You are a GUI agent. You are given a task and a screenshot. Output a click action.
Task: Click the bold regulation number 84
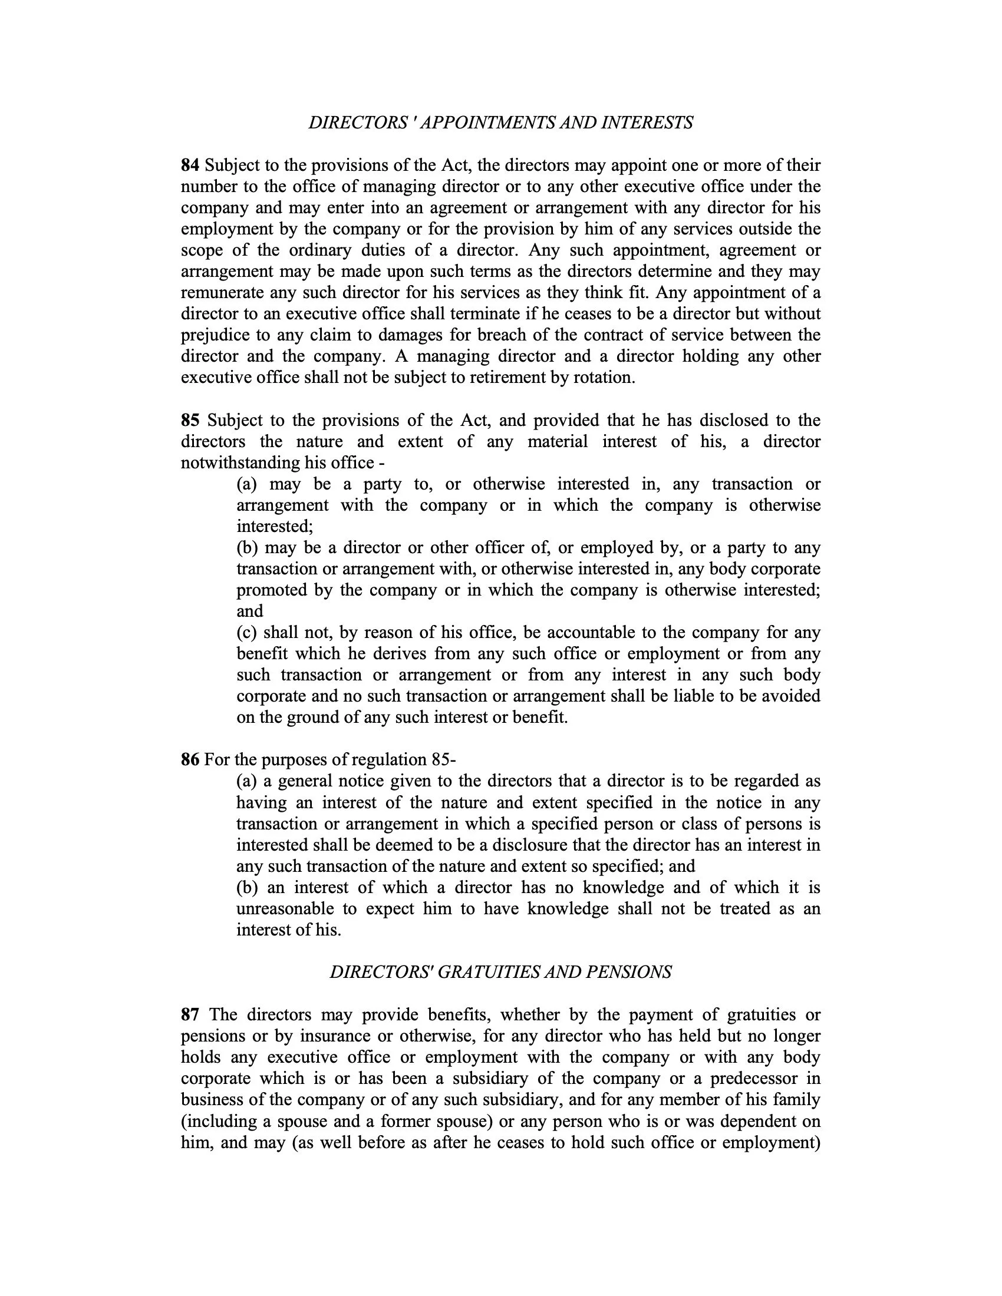190,166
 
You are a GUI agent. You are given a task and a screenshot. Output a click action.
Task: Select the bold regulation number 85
190,421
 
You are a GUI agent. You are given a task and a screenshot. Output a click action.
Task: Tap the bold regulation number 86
190,760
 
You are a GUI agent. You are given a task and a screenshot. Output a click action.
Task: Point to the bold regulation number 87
190,1016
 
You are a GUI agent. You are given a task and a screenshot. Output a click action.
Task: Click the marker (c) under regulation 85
246,633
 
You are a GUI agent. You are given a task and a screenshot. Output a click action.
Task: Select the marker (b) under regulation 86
247,888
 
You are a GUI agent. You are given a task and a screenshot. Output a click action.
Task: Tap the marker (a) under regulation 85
246,484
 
